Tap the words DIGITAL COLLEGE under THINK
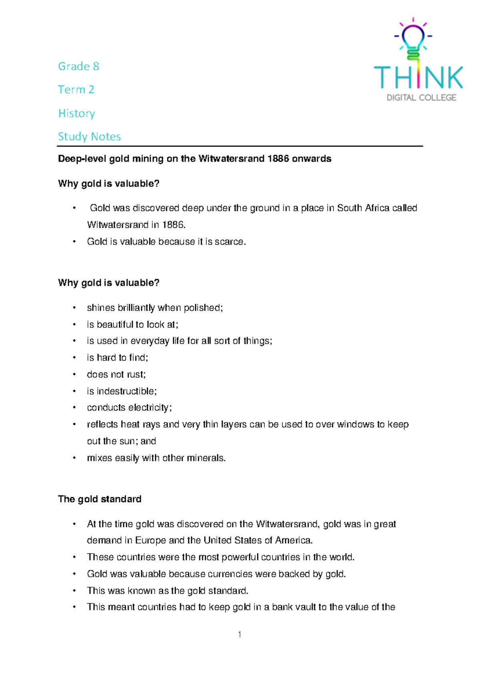(x=421, y=98)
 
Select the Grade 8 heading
(x=78, y=66)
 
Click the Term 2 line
(x=76, y=90)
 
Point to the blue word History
(x=76, y=113)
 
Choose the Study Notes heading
(x=89, y=136)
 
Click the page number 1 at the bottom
(x=239, y=634)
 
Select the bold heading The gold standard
(x=100, y=499)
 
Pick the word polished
(x=203, y=308)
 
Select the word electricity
(x=150, y=408)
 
